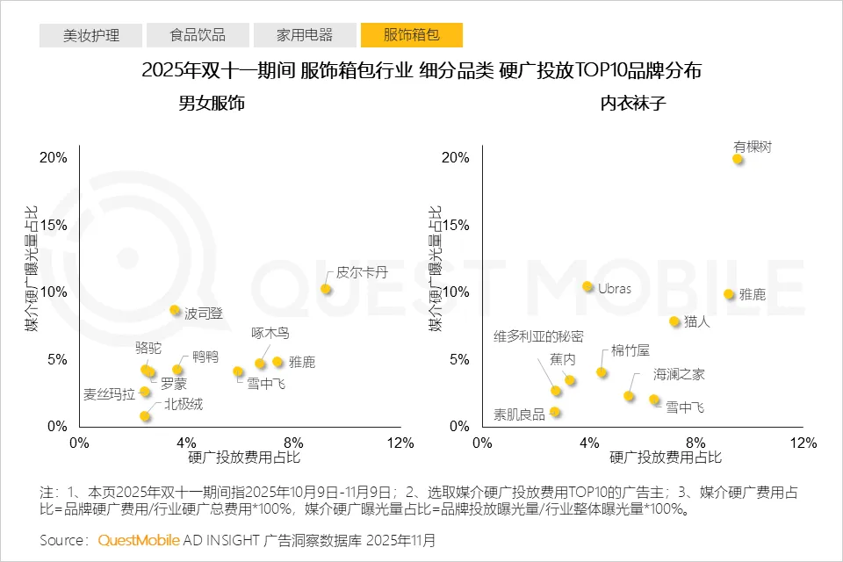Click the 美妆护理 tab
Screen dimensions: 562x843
pos(91,35)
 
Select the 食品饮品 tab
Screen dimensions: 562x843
pos(198,35)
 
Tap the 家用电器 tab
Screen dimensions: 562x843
pos(305,35)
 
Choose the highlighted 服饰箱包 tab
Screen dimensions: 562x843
pos(411,35)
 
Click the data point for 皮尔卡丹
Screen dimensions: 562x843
pos(326,289)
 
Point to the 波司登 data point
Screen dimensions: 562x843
pos(175,310)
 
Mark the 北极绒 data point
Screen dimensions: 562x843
pos(145,416)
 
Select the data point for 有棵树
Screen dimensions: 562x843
pos(739,159)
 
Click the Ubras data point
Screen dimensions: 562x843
pos(587,286)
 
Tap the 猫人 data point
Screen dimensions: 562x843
pos(674,321)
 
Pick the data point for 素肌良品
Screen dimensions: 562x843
pos(555,412)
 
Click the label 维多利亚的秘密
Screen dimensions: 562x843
pos(537,336)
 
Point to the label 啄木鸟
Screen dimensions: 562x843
pos(270,334)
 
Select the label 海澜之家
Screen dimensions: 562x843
pos(679,374)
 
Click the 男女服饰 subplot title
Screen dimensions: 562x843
pos(211,104)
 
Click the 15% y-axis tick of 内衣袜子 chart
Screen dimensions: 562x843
pos(456,225)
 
